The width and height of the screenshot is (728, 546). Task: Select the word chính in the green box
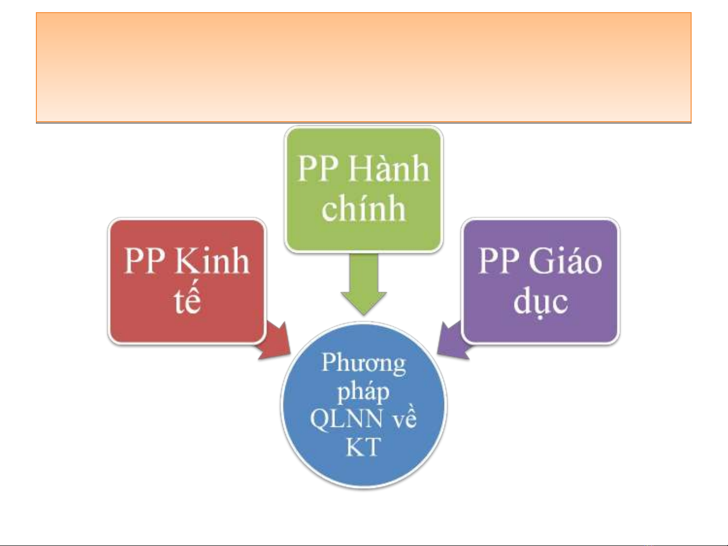(363, 209)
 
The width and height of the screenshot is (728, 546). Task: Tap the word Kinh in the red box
(212, 261)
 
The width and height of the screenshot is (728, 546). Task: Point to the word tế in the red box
(187, 301)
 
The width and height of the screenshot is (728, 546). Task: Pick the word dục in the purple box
(541, 302)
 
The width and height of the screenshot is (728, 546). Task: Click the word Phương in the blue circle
(363, 363)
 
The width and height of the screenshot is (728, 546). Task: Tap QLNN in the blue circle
(346, 419)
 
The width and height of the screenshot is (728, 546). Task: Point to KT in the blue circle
(363, 448)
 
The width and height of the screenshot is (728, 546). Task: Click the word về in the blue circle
(404, 419)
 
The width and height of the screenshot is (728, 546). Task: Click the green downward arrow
(363, 285)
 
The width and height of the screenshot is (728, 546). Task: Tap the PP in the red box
(144, 261)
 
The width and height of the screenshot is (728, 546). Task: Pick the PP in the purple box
(499, 261)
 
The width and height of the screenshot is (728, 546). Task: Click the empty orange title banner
(363, 67)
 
